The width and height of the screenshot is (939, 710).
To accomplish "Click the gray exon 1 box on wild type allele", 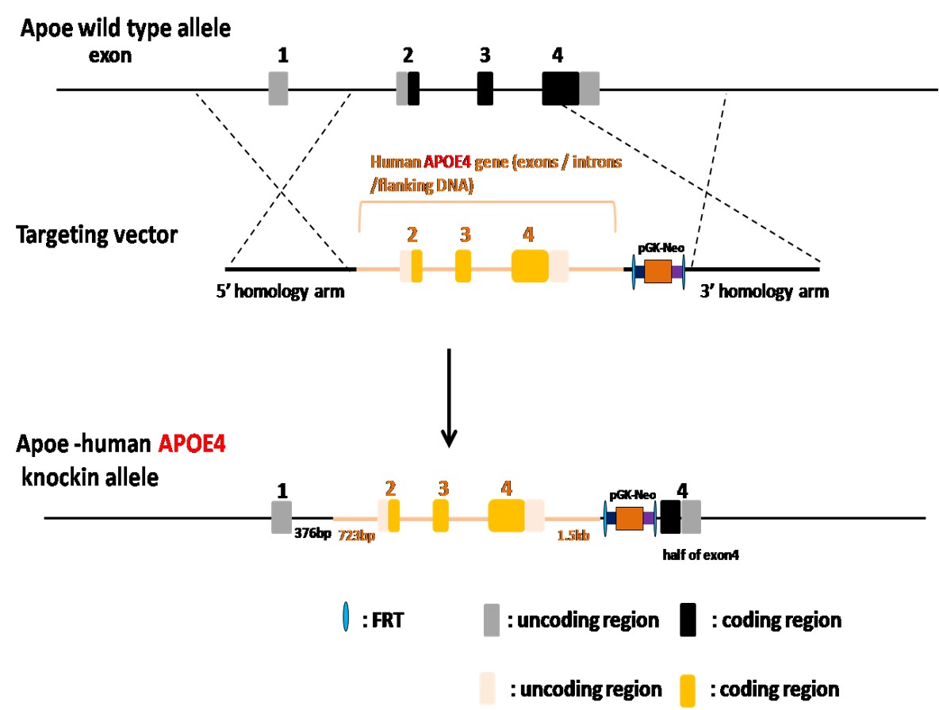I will (x=278, y=88).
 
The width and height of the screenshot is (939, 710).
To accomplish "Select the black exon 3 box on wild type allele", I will (x=485, y=88).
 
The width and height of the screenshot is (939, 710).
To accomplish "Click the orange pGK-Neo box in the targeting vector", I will (x=657, y=271).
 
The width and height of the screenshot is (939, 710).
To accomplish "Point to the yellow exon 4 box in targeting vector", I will (x=530, y=265).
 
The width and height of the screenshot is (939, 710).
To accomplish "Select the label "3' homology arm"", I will (x=764, y=292).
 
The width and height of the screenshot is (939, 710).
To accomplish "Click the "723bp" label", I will (x=357, y=536).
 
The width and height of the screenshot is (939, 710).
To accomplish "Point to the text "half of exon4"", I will (x=701, y=555).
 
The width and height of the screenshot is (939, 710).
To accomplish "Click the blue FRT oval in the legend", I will (x=344, y=619).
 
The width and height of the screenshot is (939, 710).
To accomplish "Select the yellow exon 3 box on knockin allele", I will (x=441, y=516).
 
